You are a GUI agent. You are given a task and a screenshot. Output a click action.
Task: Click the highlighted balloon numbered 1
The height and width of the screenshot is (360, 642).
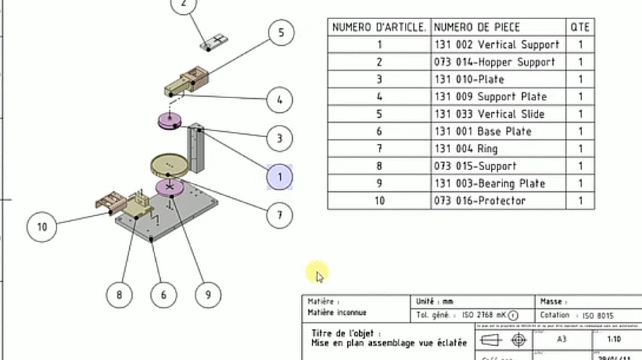[x=280, y=176]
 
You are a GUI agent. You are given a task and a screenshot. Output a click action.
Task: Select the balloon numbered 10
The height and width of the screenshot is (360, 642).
[x=42, y=227]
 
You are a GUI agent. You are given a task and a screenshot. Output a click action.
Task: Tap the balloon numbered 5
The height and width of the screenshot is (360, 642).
[x=281, y=32]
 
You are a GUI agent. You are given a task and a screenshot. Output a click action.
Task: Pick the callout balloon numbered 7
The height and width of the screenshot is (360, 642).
[x=280, y=215]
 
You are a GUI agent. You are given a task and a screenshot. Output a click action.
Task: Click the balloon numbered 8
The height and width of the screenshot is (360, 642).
[x=119, y=294]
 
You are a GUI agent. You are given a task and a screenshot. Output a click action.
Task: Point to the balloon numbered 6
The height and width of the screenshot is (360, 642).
[x=164, y=294]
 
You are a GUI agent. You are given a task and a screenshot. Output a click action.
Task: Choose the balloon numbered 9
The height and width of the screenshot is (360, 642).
[x=207, y=294]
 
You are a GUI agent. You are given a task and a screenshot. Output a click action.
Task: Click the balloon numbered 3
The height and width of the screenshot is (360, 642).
[x=280, y=138]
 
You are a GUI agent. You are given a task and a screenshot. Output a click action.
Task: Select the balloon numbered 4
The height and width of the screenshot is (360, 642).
[x=280, y=100]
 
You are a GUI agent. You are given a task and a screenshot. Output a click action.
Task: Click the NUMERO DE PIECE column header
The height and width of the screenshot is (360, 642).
[x=477, y=27]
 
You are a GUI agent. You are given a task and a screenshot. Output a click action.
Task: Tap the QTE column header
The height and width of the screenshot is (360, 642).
[x=580, y=27]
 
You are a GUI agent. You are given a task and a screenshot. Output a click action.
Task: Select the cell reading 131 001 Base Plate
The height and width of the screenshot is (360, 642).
[x=483, y=131]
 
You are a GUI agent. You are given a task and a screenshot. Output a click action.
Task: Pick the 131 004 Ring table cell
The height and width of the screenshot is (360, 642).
[x=466, y=148]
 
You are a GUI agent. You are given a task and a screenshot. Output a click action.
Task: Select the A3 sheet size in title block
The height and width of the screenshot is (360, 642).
[x=562, y=339]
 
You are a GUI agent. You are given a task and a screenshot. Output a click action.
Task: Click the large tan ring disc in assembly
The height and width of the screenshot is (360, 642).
[x=169, y=165]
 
